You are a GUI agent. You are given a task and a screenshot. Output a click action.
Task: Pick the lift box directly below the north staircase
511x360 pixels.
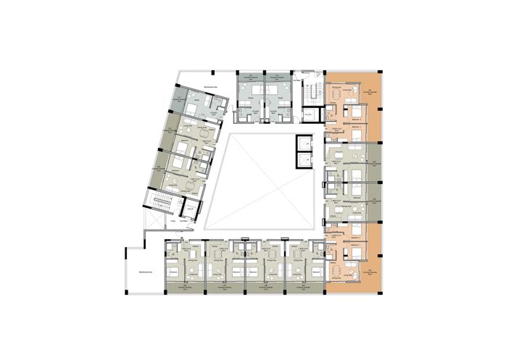tap(308, 116)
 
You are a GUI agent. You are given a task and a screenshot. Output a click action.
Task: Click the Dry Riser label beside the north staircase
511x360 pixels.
tap(297, 81)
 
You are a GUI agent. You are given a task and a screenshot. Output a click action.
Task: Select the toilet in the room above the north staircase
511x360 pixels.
tap(309, 73)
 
